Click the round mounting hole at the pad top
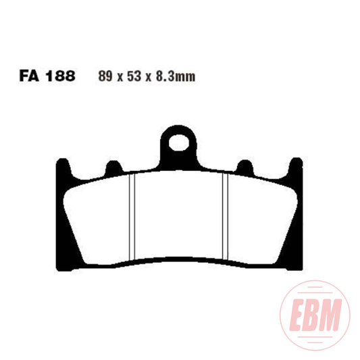(x=179, y=143)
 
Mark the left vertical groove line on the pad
(x=134, y=216)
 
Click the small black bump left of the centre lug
(x=109, y=166)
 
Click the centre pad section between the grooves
(x=179, y=216)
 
